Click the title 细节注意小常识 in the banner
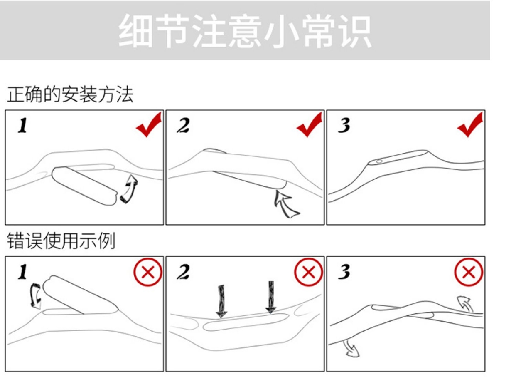click(245, 31)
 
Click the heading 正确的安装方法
click(70, 95)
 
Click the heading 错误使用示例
click(61, 241)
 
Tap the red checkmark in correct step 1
click(148, 125)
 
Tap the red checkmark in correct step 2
click(309, 125)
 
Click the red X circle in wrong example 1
click(147, 272)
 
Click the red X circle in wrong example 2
click(308, 272)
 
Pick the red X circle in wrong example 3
click(469, 272)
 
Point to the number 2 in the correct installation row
click(183, 126)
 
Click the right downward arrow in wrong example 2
click(271, 298)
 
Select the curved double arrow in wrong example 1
click(36, 295)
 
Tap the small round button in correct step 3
click(379, 161)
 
